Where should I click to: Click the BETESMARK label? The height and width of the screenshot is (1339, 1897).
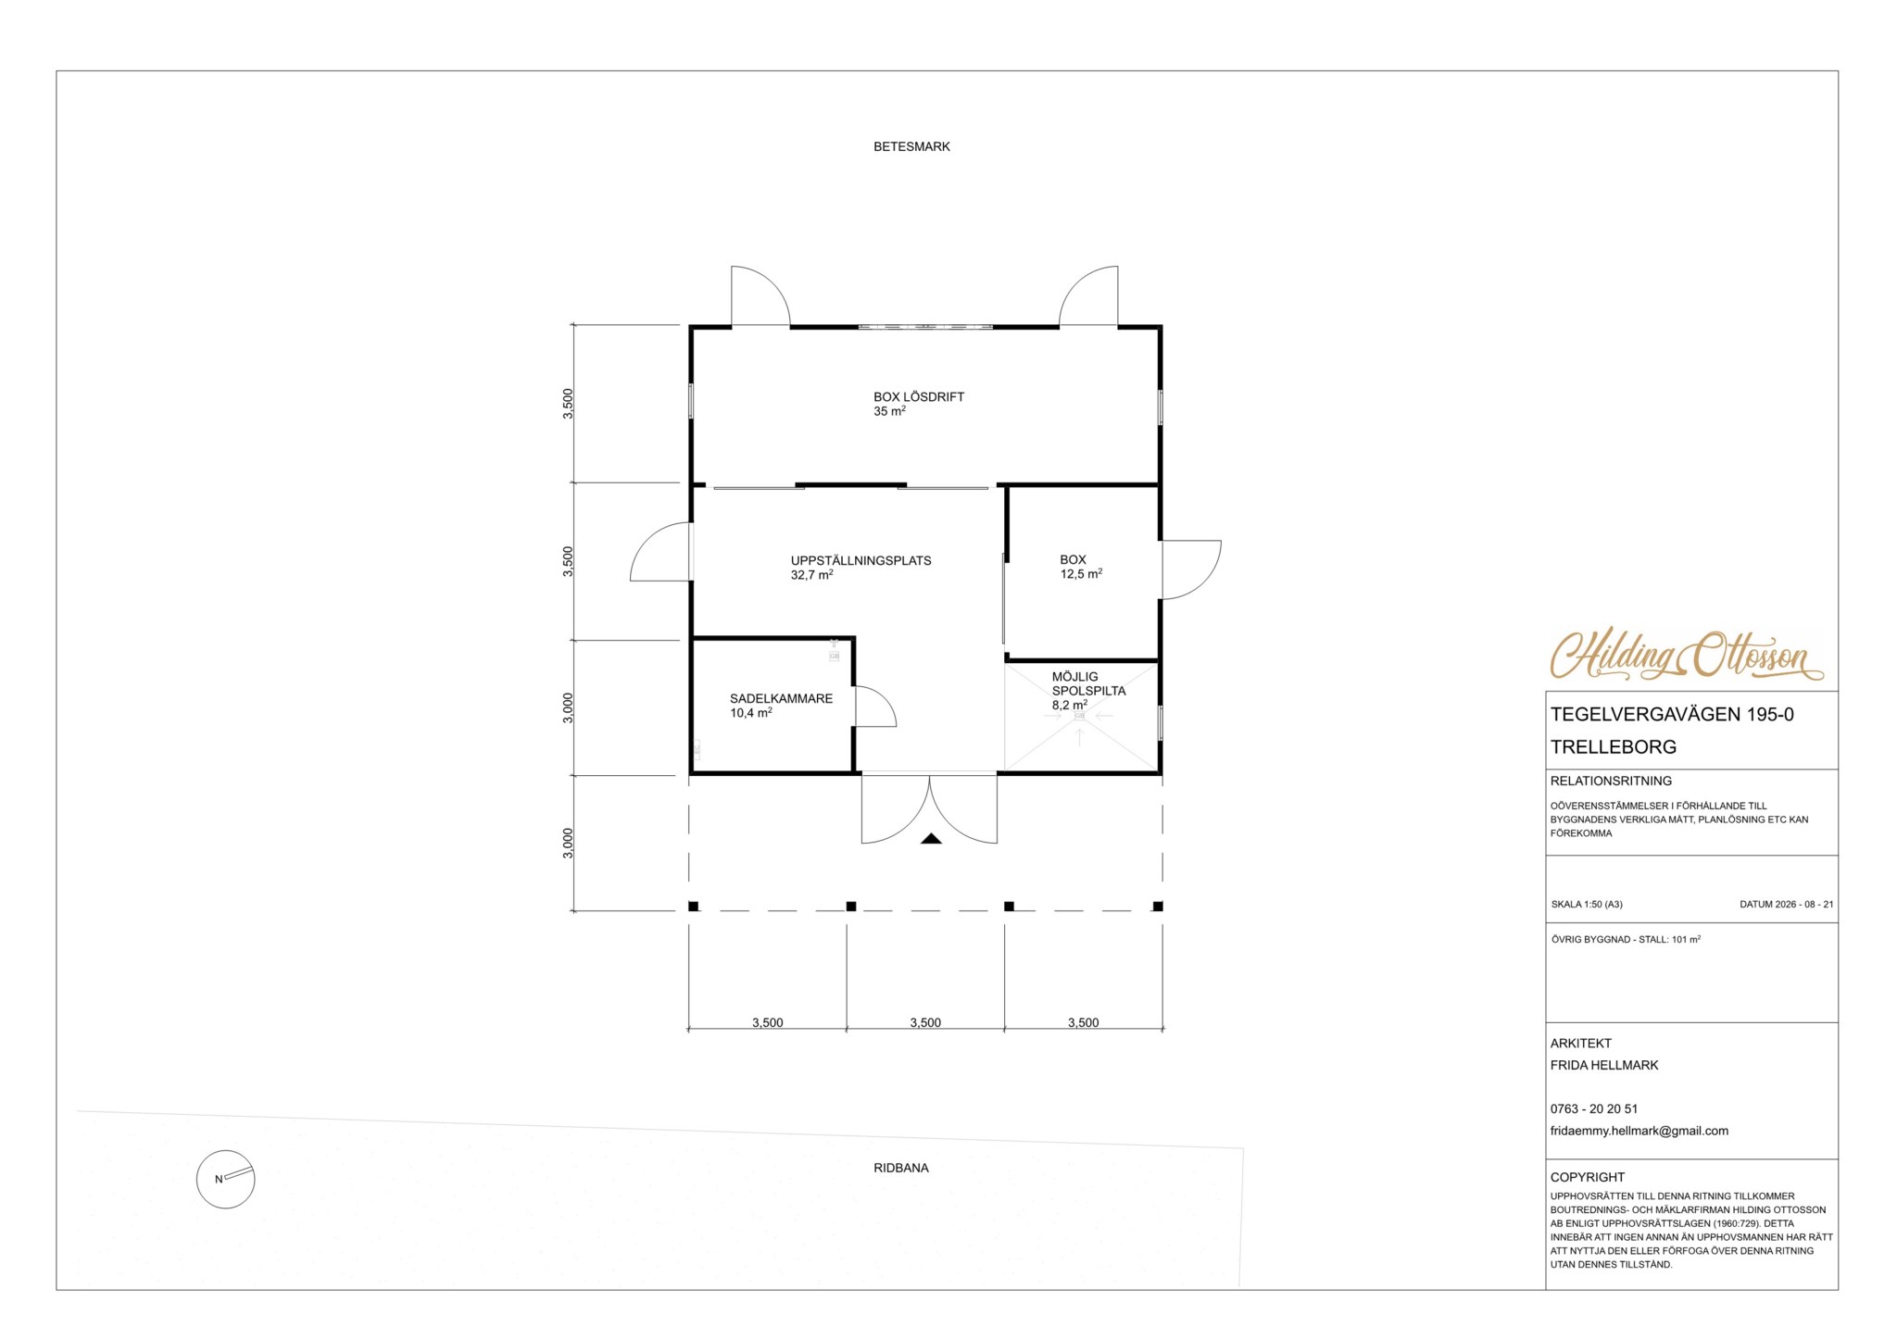pos(911,146)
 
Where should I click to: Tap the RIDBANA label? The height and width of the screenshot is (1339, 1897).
pos(900,1168)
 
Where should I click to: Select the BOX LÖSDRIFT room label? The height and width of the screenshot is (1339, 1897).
pos(919,396)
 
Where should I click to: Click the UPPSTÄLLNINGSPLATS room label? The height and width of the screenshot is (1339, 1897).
pos(861,560)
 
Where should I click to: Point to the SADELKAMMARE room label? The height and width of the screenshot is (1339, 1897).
pos(781,698)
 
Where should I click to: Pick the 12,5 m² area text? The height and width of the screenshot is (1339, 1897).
pos(1081,574)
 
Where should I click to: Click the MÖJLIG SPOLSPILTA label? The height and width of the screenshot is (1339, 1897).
pos(1088,683)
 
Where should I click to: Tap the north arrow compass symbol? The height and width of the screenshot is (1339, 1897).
pos(225,1179)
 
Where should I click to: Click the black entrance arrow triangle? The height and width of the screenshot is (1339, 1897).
pos(931,838)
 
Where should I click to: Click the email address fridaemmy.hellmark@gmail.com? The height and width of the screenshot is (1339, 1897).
pos(1639,1131)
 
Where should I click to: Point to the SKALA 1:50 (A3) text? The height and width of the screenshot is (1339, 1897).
pos(1587,905)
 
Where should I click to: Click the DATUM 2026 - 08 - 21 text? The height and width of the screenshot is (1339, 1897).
pos(1786,905)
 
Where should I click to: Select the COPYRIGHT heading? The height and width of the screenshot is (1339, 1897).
pos(1587,1177)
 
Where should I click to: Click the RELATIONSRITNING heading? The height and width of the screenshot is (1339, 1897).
pos(1611,781)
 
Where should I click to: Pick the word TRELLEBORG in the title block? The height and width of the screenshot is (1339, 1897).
pos(1614,746)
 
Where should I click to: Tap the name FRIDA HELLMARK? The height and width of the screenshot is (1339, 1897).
pos(1604,1065)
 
